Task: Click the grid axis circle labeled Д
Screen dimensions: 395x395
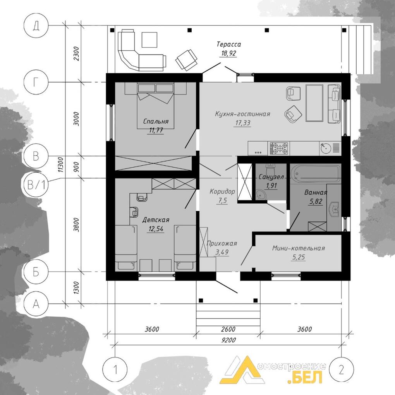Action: (36, 26)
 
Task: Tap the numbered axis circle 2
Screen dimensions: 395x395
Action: (341, 370)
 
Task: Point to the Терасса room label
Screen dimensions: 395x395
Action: (229, 44)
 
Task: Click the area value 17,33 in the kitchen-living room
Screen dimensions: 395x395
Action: (242, 123)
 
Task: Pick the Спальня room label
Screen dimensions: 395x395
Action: (156, 122)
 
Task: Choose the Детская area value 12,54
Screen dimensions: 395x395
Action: (156, 229)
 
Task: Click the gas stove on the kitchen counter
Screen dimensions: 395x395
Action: (278, 148)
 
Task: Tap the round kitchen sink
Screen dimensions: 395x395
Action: (326, 148)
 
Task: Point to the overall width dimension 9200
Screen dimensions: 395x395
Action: (228, 340)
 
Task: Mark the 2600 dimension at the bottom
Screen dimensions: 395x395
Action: (228, 329)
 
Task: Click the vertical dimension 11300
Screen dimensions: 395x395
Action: (60, 165)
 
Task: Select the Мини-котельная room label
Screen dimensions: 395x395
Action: (299, 248)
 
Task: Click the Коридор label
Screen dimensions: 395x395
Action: (222, 191)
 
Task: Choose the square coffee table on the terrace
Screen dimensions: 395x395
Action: (149, 40)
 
